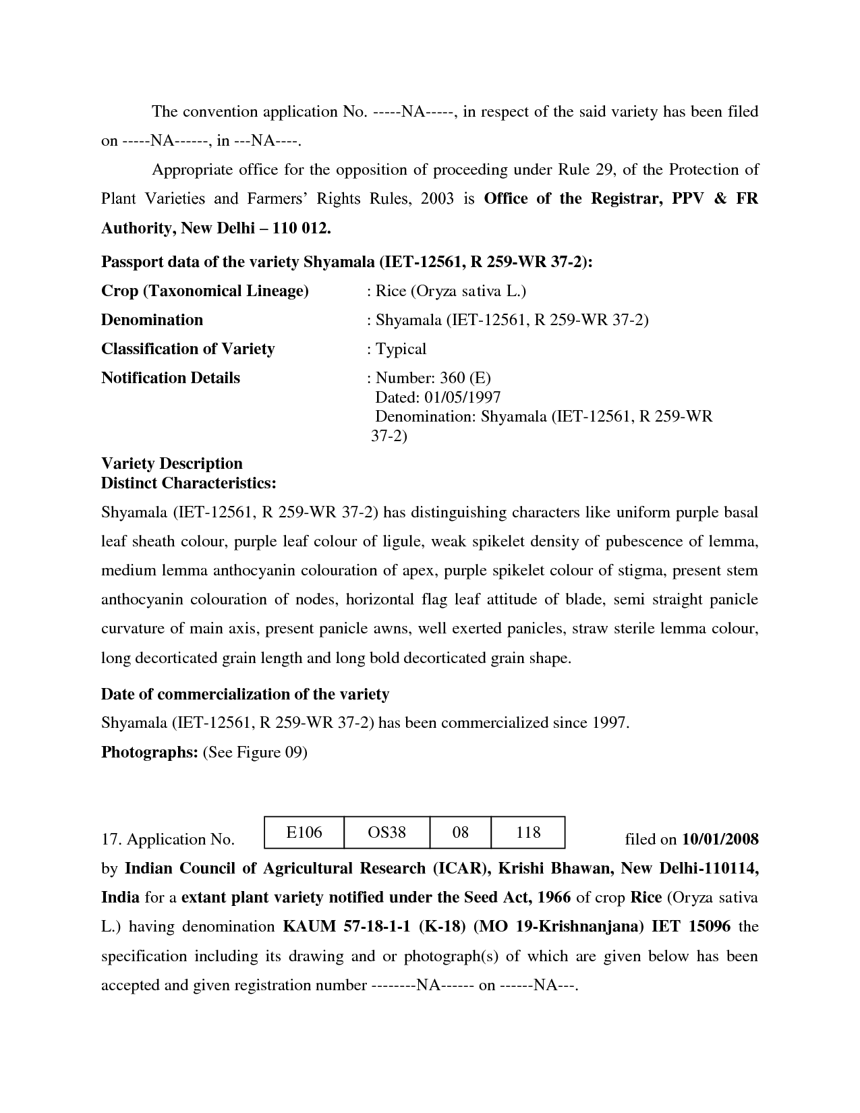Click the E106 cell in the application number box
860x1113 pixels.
304,832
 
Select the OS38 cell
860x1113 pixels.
386,832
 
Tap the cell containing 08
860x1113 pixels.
460,832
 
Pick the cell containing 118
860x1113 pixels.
528,832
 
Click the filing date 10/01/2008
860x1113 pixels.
720,839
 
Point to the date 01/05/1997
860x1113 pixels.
466,397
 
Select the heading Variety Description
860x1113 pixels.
172,463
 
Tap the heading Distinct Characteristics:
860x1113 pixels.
188,483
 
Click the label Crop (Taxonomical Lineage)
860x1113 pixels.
205,291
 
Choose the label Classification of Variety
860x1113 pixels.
188,349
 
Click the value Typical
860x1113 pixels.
401,349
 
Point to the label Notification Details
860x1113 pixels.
171,378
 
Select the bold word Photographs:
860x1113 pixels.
149,752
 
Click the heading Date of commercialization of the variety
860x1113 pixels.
245,694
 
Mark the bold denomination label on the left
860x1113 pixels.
152,320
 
